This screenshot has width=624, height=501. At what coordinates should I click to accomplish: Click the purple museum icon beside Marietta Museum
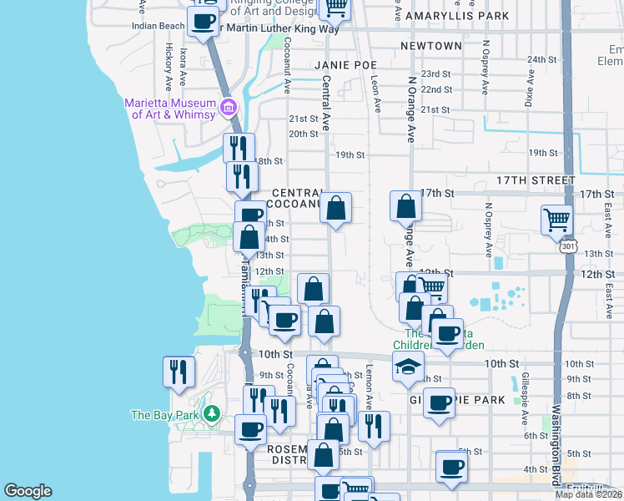coord(228,107)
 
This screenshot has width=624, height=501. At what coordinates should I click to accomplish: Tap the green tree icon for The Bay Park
coord(212,413)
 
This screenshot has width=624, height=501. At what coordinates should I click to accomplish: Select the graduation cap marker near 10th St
coord(407,367)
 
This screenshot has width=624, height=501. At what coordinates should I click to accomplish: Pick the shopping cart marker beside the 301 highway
coord(556,220)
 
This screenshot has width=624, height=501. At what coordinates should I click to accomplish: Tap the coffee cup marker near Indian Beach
coord(203,21)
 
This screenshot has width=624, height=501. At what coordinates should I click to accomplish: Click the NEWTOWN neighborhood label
coord(430,45)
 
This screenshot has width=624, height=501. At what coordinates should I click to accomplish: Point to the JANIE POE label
coord(346,64)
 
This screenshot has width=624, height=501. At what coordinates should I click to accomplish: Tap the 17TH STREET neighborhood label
coord(536,180)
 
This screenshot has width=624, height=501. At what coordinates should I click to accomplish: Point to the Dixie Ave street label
coord(529,87)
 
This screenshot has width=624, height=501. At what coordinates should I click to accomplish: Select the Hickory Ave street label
coord(169,60)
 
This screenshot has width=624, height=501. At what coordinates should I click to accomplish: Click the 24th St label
coord(541,59)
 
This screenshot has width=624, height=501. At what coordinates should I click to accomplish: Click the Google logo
coord(28,491)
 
